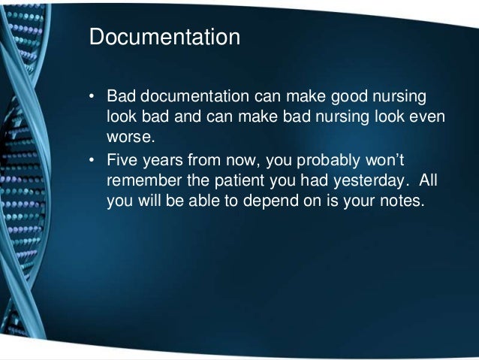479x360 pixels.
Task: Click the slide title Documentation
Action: pos(164,38)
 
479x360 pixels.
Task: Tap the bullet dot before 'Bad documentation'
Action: pos(93,99)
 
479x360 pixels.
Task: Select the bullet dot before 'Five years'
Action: pos(93,160)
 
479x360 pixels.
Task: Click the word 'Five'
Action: pos(122,159)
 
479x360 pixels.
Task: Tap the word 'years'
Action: pos(166,159)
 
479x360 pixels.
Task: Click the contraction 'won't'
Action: pos(384,159)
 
